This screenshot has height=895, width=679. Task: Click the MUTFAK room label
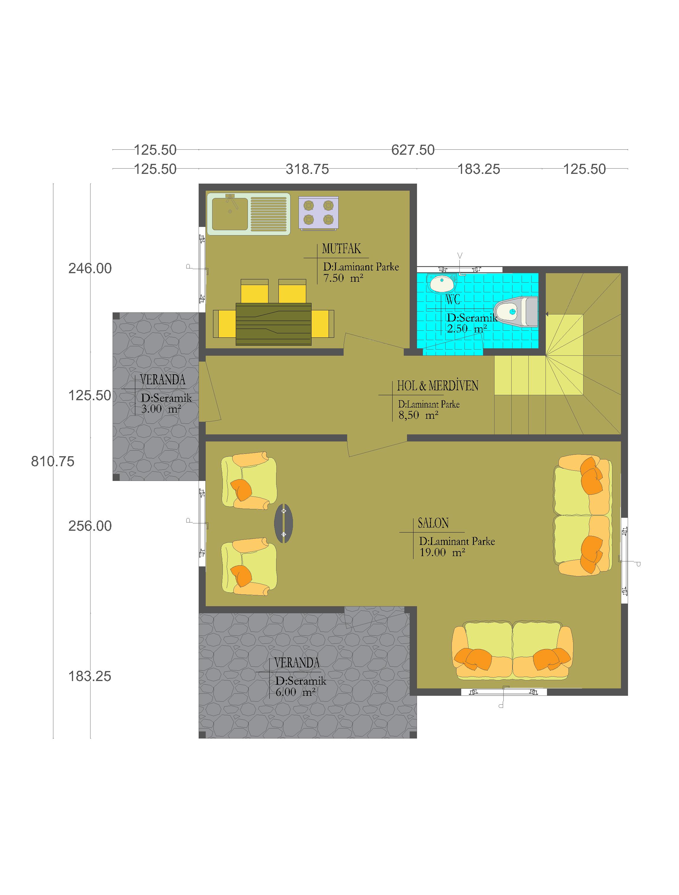(x=341, y=248)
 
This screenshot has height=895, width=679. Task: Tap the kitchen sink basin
(x=230, y=214)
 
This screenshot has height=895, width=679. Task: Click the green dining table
(x=273, y=324)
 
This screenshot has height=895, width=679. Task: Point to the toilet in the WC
(x=516, y=311)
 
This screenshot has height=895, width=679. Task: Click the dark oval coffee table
(x=284, y=523)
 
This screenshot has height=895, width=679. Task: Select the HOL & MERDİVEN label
(x=437, y=385)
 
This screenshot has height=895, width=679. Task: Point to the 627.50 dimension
(x=413, y=150)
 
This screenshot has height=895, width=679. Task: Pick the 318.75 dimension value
(x=307, y=169)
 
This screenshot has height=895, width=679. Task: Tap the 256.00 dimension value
(x=90, y=526)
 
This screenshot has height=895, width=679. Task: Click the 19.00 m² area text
(x=442, y=552)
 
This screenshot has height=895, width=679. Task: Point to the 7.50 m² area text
(x=343, y=278)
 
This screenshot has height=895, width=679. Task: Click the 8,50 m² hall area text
(x=418, y=415)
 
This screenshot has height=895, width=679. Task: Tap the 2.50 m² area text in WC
(x=467, y=329)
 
